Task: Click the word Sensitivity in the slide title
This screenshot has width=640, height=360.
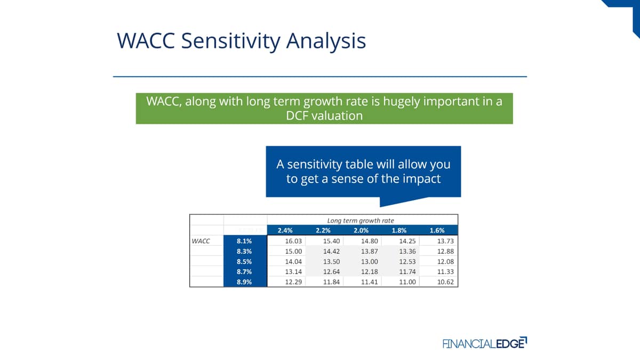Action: pos(230,41)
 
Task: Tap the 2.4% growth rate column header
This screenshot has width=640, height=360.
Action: pos(285,230)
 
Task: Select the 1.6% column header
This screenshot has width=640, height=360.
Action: pos(437,230)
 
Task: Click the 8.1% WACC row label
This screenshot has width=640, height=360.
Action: pos(244,241)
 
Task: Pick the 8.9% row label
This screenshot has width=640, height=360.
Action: pos(244,282)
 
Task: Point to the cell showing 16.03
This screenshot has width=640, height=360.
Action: pos(293,241)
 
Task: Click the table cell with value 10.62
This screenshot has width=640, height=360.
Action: pos(445,282)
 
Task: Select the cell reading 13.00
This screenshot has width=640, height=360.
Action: pos(370,261)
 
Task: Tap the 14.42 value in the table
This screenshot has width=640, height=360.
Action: pos(331,251)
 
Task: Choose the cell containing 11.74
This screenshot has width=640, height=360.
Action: pos(407,271)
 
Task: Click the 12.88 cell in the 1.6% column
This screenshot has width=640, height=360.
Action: pos(445,251)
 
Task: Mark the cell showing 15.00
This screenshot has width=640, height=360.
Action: pos(293,251)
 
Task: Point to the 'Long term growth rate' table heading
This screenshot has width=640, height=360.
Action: pos(361,221)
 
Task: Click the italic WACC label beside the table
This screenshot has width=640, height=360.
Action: pos(201,241)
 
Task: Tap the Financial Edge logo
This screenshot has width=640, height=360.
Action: pos(485,343)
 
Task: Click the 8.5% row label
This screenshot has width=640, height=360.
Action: pos(244,261)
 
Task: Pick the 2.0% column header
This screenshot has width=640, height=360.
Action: pos(361,230)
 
